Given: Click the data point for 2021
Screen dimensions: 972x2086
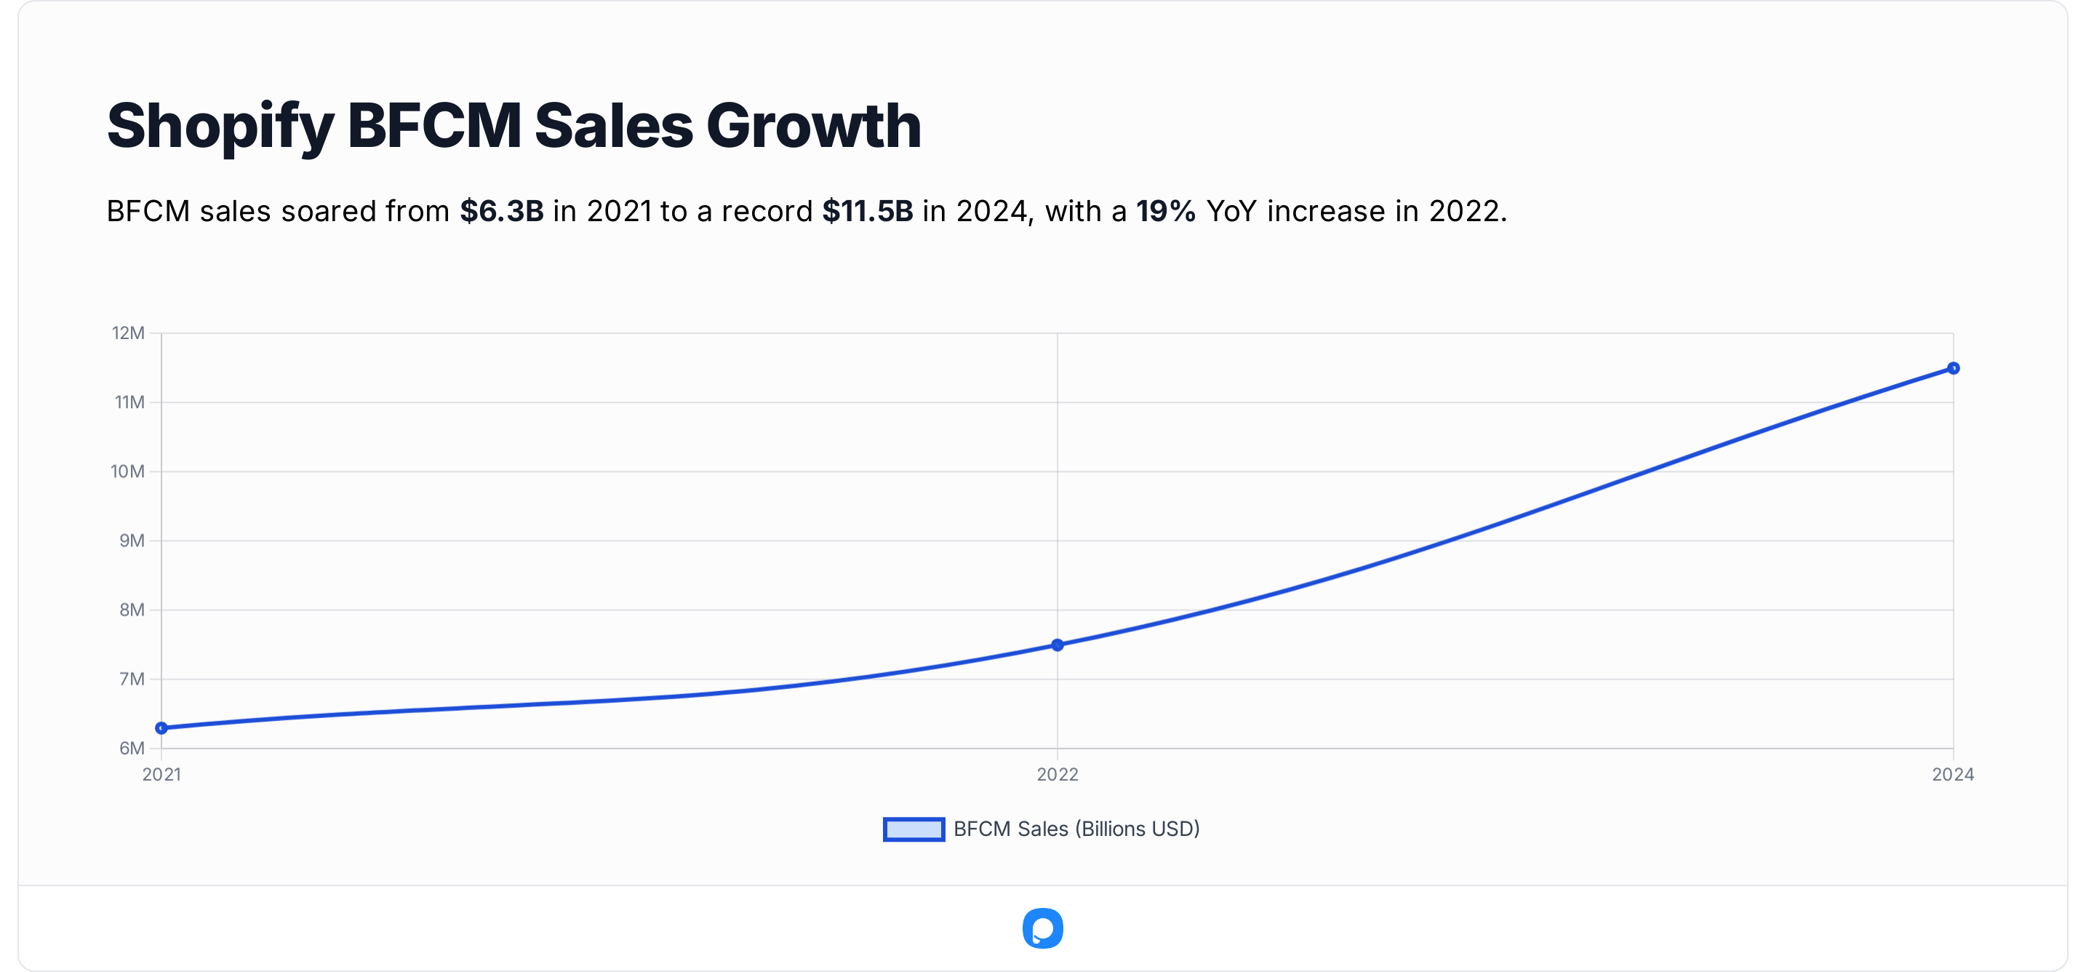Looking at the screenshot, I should (x=162, y=728).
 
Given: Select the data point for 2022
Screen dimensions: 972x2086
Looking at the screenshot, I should (x=1058, y=645).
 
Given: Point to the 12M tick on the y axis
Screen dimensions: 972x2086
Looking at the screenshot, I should (x=128, y=333).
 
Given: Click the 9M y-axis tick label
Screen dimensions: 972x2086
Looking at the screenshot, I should (x=131, y=541).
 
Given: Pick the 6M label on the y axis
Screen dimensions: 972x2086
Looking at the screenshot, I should (x=131, y=748).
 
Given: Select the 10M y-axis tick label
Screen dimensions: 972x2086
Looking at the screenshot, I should (x=128, y=471).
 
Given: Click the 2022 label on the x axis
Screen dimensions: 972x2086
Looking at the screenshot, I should (x=1058, y=774).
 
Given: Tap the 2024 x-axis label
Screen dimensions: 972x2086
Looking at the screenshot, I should (x=1952, y=774).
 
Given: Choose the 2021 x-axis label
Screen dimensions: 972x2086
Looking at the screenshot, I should (x=162, y=774).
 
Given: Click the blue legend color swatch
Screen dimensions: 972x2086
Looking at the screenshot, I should (x=914, y=829).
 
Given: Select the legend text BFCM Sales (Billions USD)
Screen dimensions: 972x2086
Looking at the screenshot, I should (x=1076, y=829).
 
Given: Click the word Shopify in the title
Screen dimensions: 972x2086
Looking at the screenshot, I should (x=220, y=127).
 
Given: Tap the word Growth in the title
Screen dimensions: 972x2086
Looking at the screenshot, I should (x=814, y=126).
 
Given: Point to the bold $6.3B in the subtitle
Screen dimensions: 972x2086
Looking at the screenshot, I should (x=501, y=212).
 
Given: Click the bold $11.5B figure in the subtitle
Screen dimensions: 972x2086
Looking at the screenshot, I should (x=867, y=212).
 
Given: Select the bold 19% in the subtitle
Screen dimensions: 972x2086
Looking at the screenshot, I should (x=1165, y=212).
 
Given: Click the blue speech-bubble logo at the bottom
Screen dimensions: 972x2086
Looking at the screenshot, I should (x=1043, y=928).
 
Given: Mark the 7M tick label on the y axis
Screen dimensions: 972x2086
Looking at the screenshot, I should (x=131, y=679).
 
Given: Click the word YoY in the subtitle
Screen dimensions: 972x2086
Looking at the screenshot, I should (x=1231, y=212).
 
